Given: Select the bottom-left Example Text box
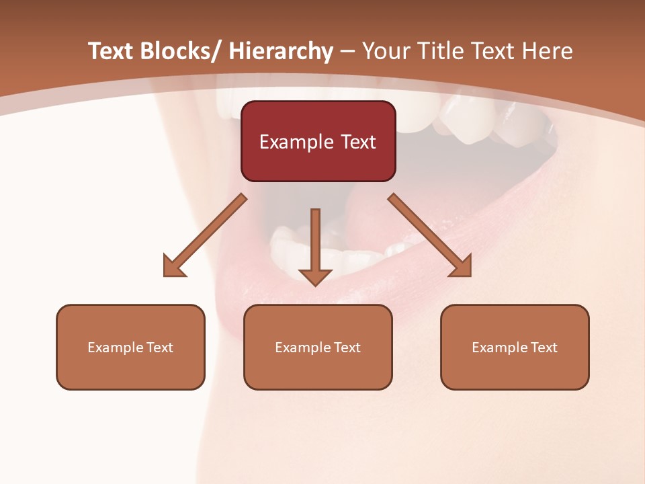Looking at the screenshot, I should click(130, 347).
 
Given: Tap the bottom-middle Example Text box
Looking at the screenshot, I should click(317, 347).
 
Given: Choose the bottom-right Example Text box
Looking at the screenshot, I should click(515, 347).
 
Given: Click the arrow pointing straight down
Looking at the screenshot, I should click(315, 245).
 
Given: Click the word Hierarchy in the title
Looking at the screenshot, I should click(281, 51).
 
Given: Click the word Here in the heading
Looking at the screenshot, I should click(547, 51).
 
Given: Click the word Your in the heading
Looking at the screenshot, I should click(382, 51).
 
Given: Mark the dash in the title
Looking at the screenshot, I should click(347, 51).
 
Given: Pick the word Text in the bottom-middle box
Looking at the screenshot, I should click(347, 348).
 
